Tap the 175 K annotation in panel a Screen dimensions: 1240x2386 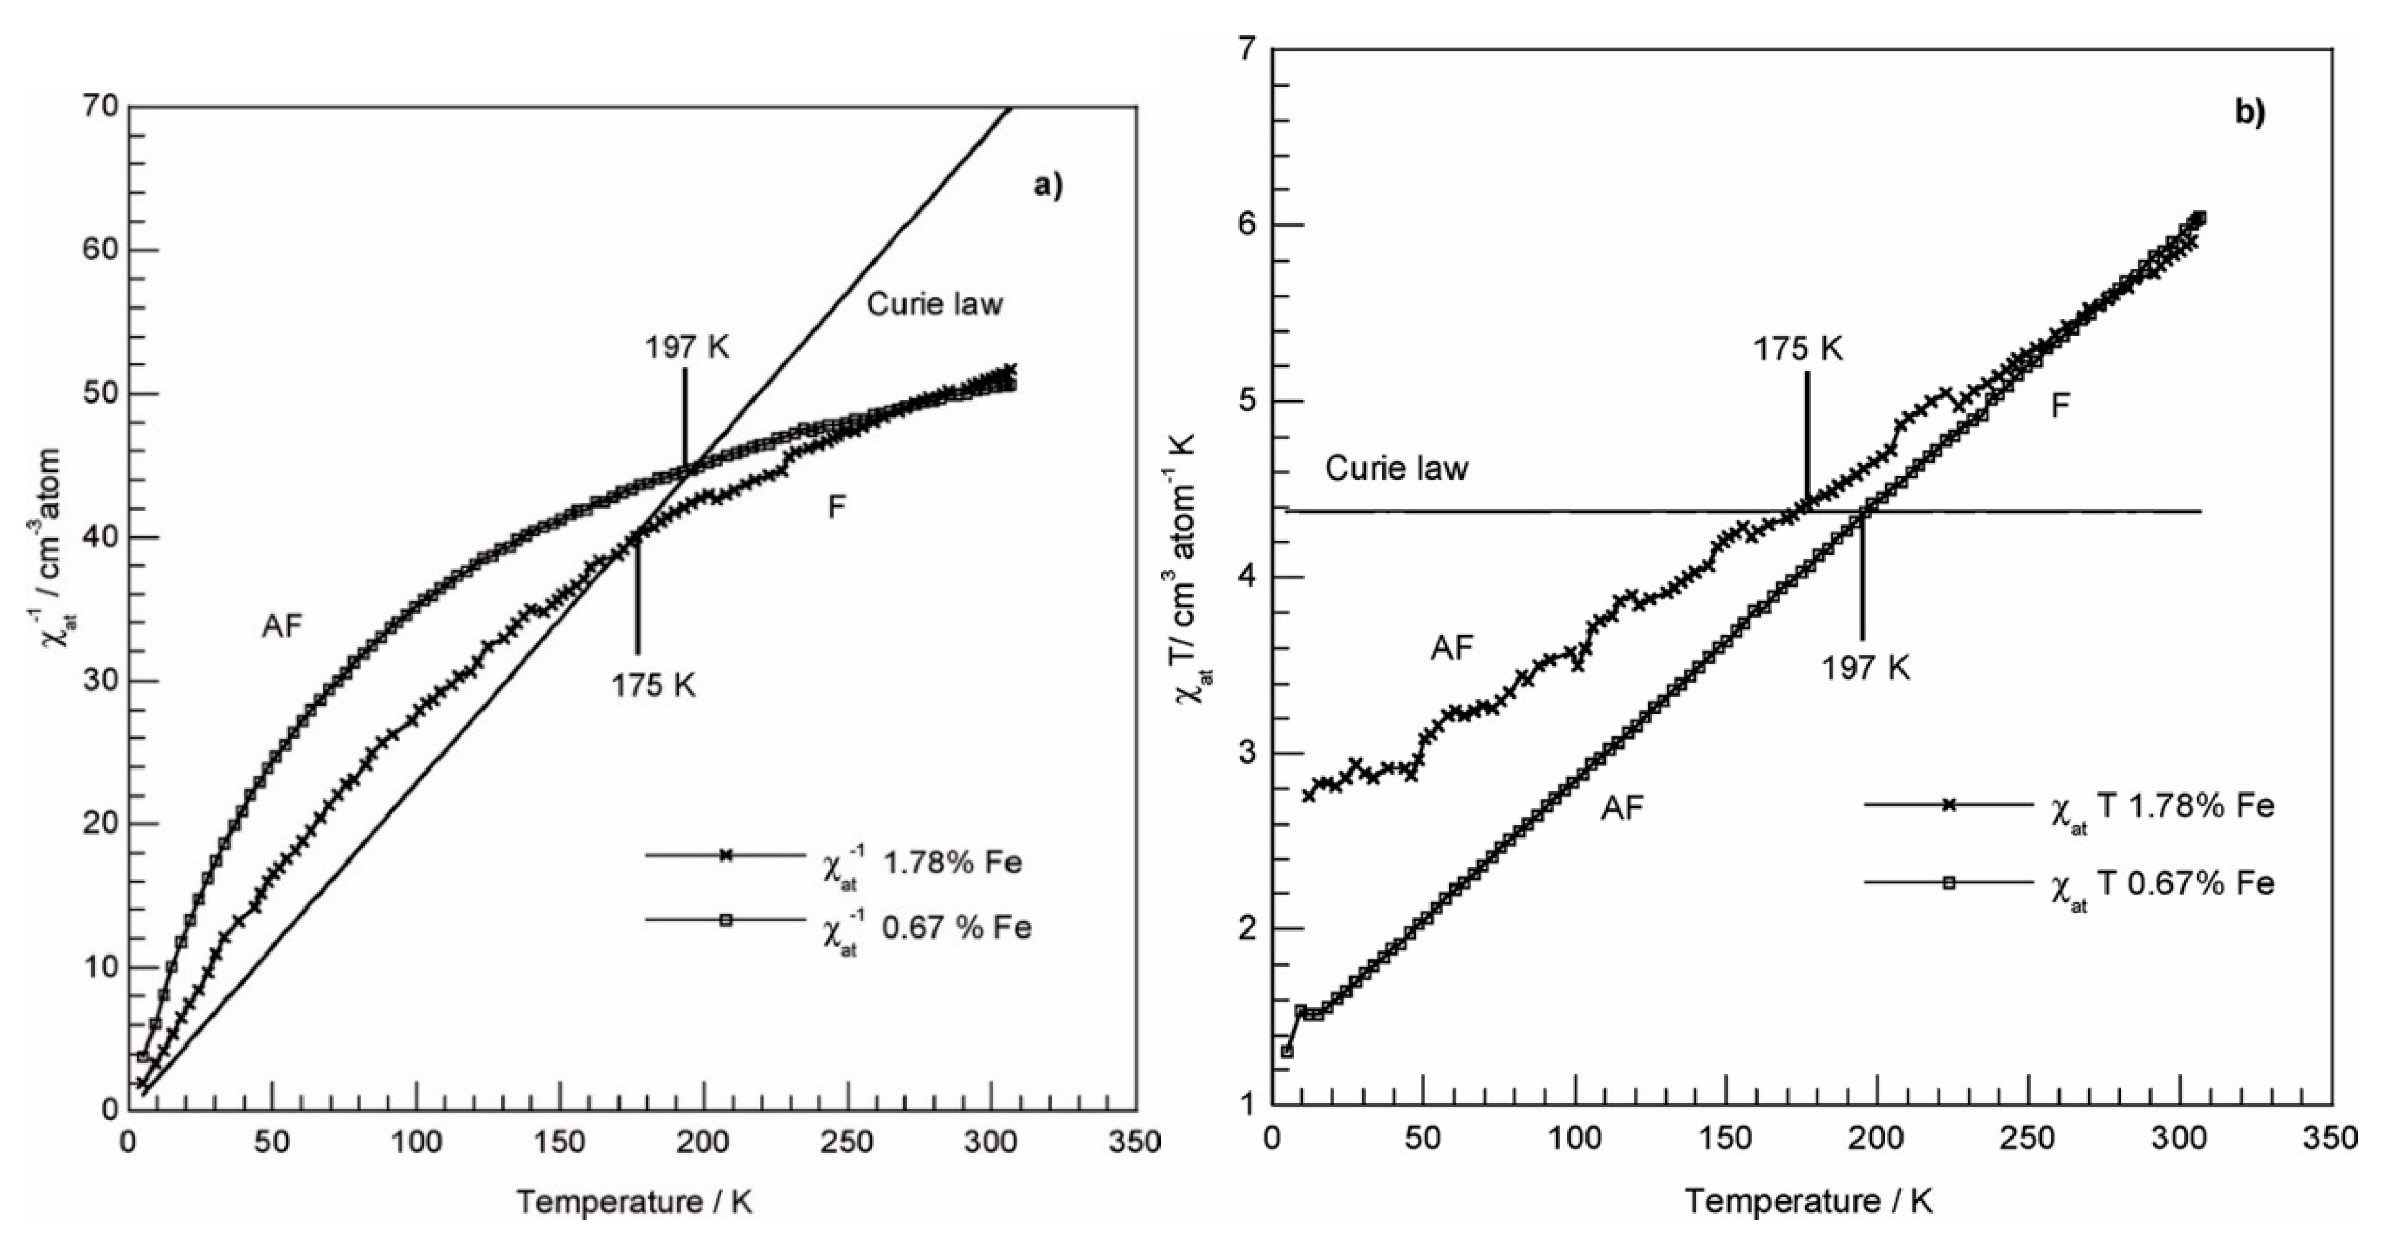point(653,685)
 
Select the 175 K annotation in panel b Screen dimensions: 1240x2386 point(1798,349)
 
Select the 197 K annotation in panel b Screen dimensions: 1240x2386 point(1866,668)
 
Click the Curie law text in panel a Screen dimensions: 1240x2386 point(935,304)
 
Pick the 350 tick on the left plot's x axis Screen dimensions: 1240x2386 point(1135,1142)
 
